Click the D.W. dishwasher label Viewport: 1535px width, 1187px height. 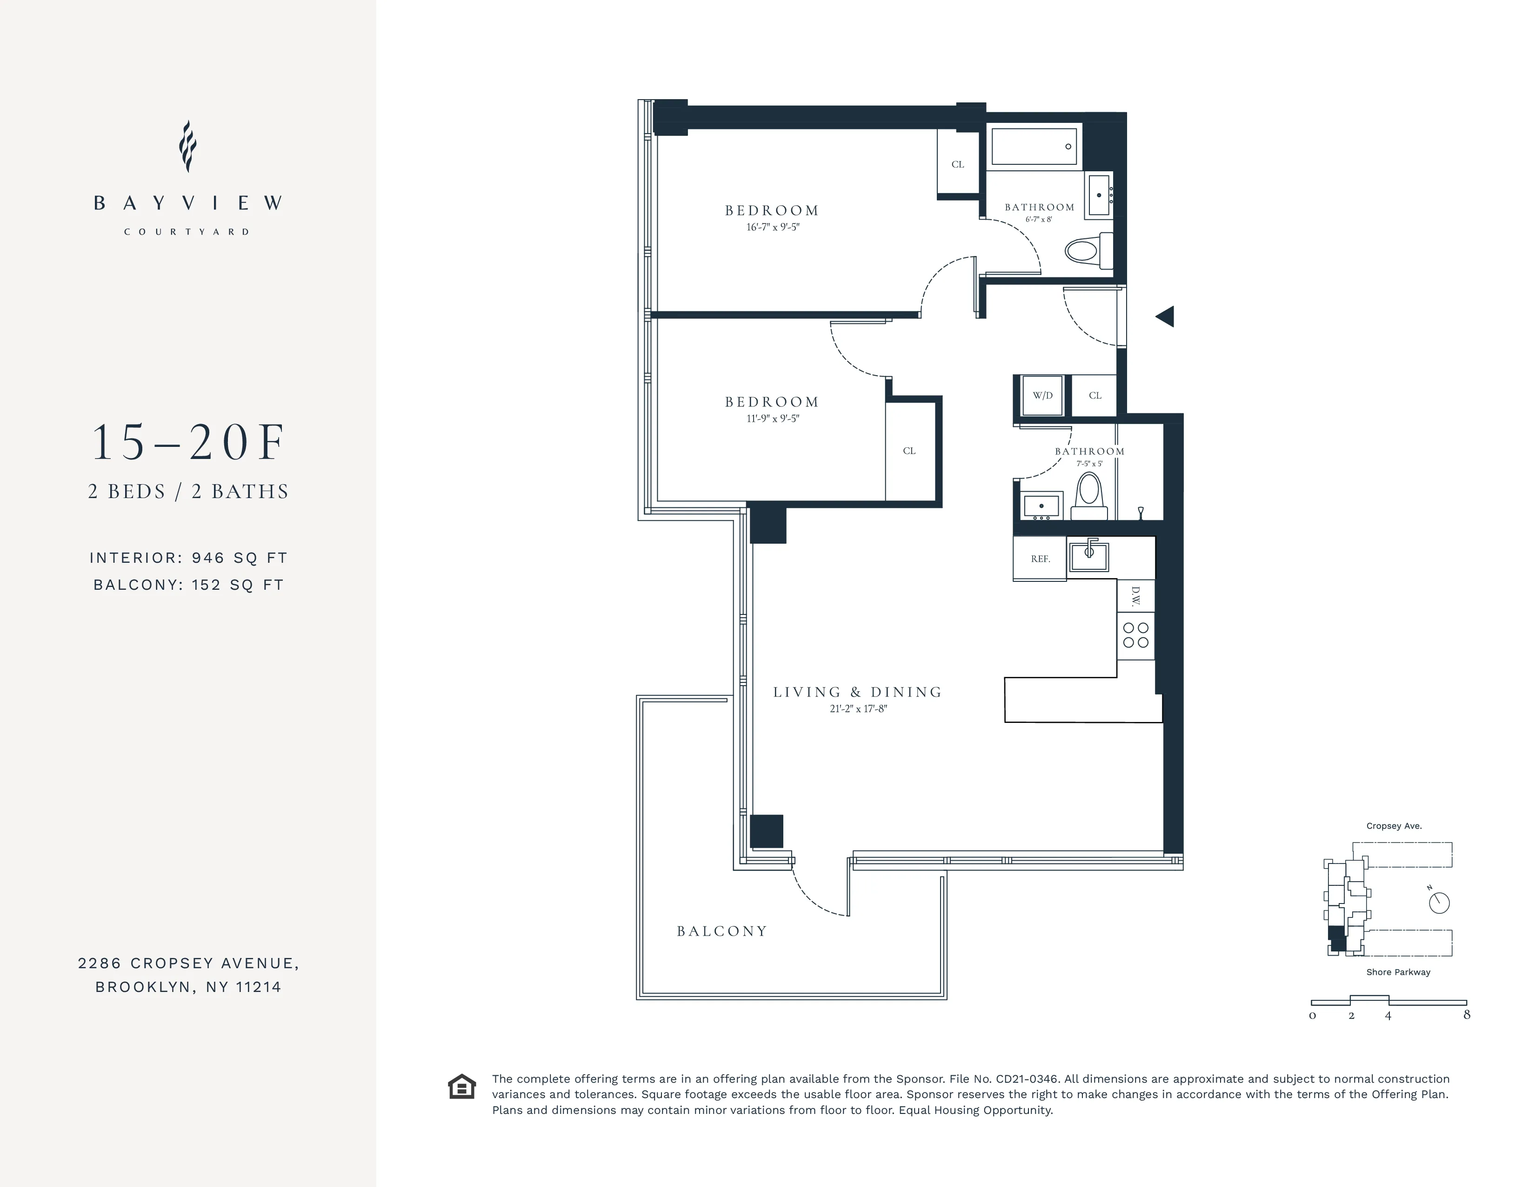point(1135,597)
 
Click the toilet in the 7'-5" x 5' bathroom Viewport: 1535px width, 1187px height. point(1089,492)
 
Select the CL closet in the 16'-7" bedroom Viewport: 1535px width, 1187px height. point(957,164)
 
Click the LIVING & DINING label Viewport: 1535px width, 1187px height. point(857,692)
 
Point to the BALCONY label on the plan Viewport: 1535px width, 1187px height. point(722,931)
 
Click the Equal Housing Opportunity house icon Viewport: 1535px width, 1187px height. point(462,1086)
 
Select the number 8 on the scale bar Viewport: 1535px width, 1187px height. point(1466,1015)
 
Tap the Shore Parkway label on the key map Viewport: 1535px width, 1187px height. point(1398,972)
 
